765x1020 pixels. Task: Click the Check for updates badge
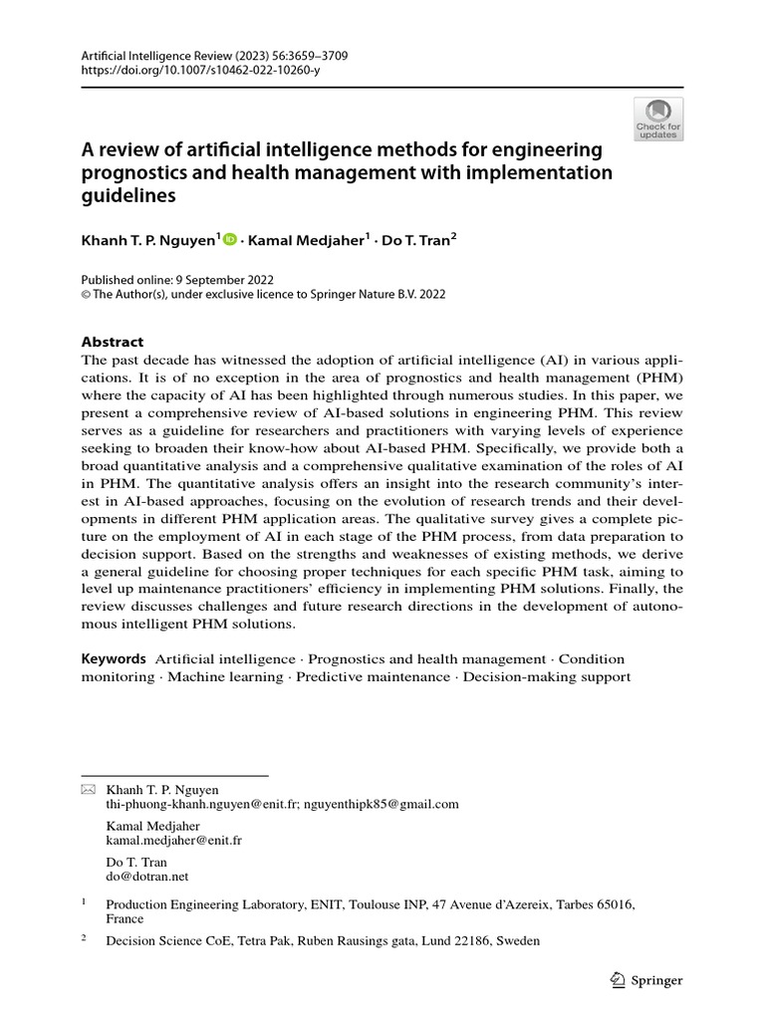click(657, 119)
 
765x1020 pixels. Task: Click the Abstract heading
click(113, 342)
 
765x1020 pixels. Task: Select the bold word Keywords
click(114, 658)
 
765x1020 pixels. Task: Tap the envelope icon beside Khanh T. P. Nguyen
click(88, 789)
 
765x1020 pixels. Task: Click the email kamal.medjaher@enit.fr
click(174, 840)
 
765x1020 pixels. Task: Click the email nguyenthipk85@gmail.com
click(382, 804)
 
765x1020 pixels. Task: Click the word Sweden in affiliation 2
click(518, 940)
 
